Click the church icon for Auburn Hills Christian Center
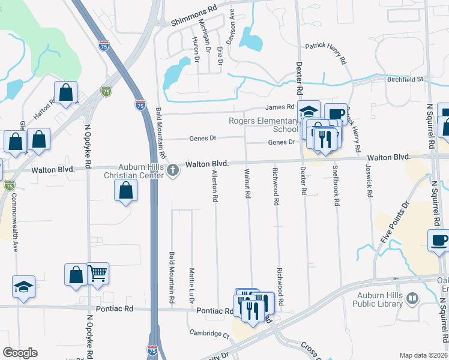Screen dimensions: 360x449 point(173,170)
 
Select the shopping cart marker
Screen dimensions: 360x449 point(97,274)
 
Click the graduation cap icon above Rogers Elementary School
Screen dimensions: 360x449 point(309,111)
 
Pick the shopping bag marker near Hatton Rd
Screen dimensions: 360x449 point(65,93)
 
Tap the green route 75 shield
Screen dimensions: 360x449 point(106,91)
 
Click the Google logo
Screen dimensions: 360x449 point(20,353)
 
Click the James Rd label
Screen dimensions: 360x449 point(280,107)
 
